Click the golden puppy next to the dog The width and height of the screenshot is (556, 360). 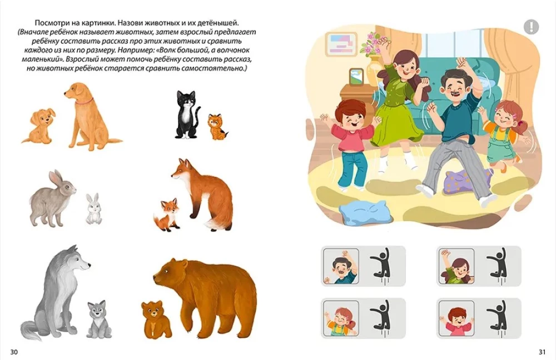click(38, 126)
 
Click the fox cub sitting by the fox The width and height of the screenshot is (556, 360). click(167, 215)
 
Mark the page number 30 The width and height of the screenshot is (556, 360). click(14, 352)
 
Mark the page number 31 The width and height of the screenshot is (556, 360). click(542, 352)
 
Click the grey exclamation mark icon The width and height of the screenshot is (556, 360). click(531, 27)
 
